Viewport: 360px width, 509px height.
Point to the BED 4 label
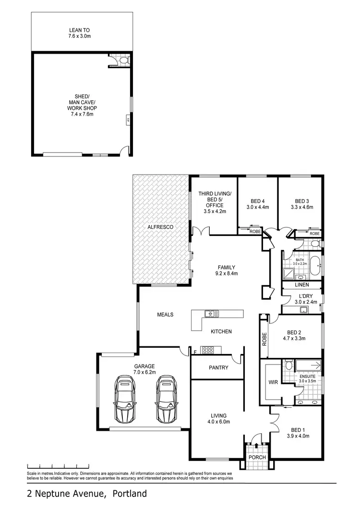(x=258, y=201)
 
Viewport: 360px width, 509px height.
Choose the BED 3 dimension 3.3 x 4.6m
(x=301, y=208)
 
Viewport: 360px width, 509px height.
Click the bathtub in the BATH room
(x=315, y=266)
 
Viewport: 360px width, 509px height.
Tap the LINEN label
(x=302, y=284)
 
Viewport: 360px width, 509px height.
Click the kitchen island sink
(x=211, y=314)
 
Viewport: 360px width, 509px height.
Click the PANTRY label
(x=218, y=368)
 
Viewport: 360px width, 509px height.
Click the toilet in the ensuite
(x=288, y=365)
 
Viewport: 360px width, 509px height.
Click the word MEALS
(x=165, y=315)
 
